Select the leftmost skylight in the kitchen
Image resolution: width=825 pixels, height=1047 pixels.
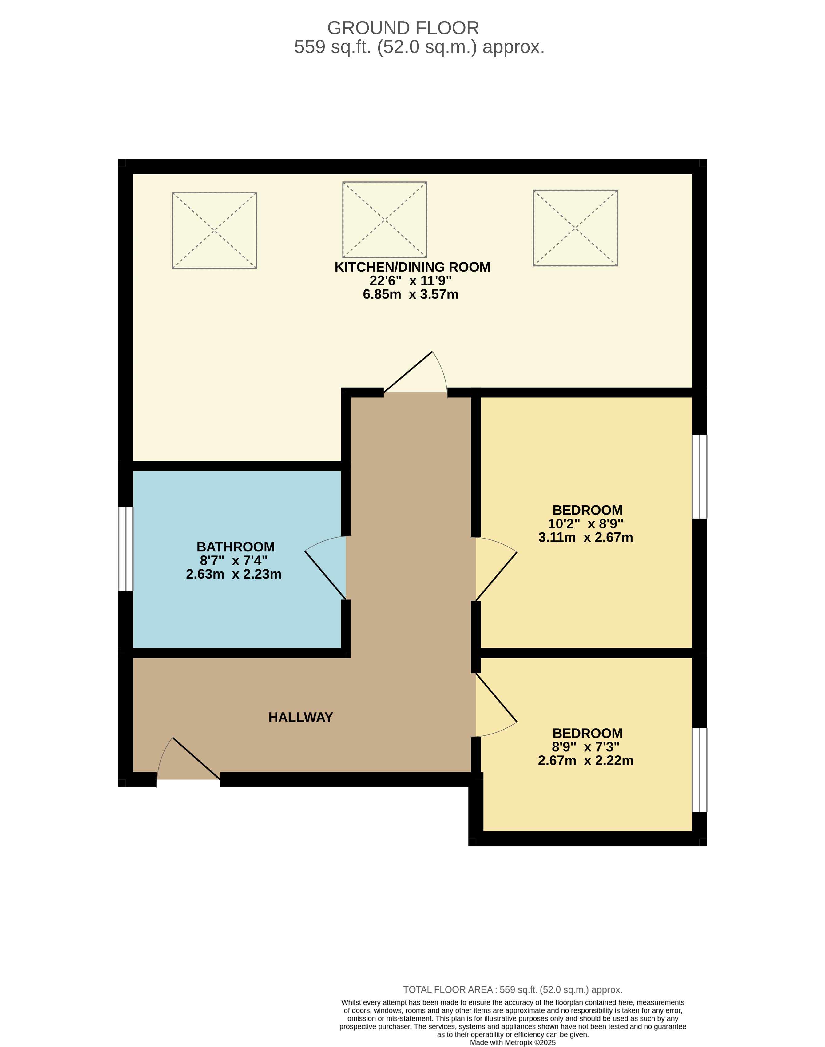[214, 230]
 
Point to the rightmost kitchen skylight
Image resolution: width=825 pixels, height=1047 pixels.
[575, 228]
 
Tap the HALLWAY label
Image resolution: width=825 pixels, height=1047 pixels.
[300, 718]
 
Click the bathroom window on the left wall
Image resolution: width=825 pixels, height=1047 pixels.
[125, 549]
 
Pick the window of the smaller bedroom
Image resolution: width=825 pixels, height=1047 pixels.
[700, 770]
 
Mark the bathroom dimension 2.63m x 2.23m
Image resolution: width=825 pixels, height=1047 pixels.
[234, 574]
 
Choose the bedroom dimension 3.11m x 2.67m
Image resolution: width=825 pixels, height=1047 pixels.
[585, 537]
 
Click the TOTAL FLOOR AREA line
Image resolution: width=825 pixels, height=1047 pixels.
[513, 990]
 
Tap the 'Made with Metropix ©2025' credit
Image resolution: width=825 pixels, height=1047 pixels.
[513, 1043]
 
